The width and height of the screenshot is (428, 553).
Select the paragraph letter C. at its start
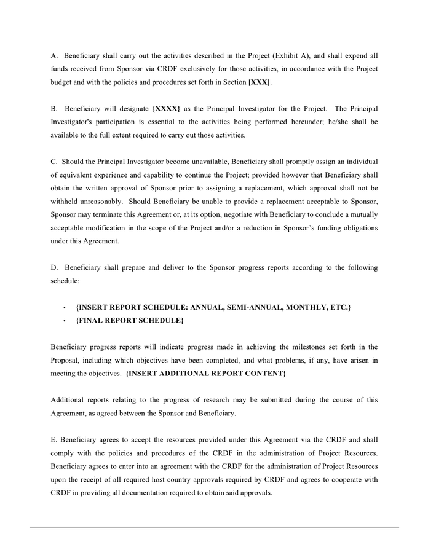(54, 162)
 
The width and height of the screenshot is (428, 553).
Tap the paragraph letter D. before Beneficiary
(54, 267)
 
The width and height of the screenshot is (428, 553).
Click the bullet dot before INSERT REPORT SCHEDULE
(64, 307)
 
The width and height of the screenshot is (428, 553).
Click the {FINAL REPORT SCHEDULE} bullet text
(129, 321)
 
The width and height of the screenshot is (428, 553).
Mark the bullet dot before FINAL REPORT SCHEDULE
(64, 321)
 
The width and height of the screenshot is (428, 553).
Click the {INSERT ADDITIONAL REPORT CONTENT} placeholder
(205, 373)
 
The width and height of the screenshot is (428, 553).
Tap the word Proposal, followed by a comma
(67, 360)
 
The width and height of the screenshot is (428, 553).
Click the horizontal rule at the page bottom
(214, 528)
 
